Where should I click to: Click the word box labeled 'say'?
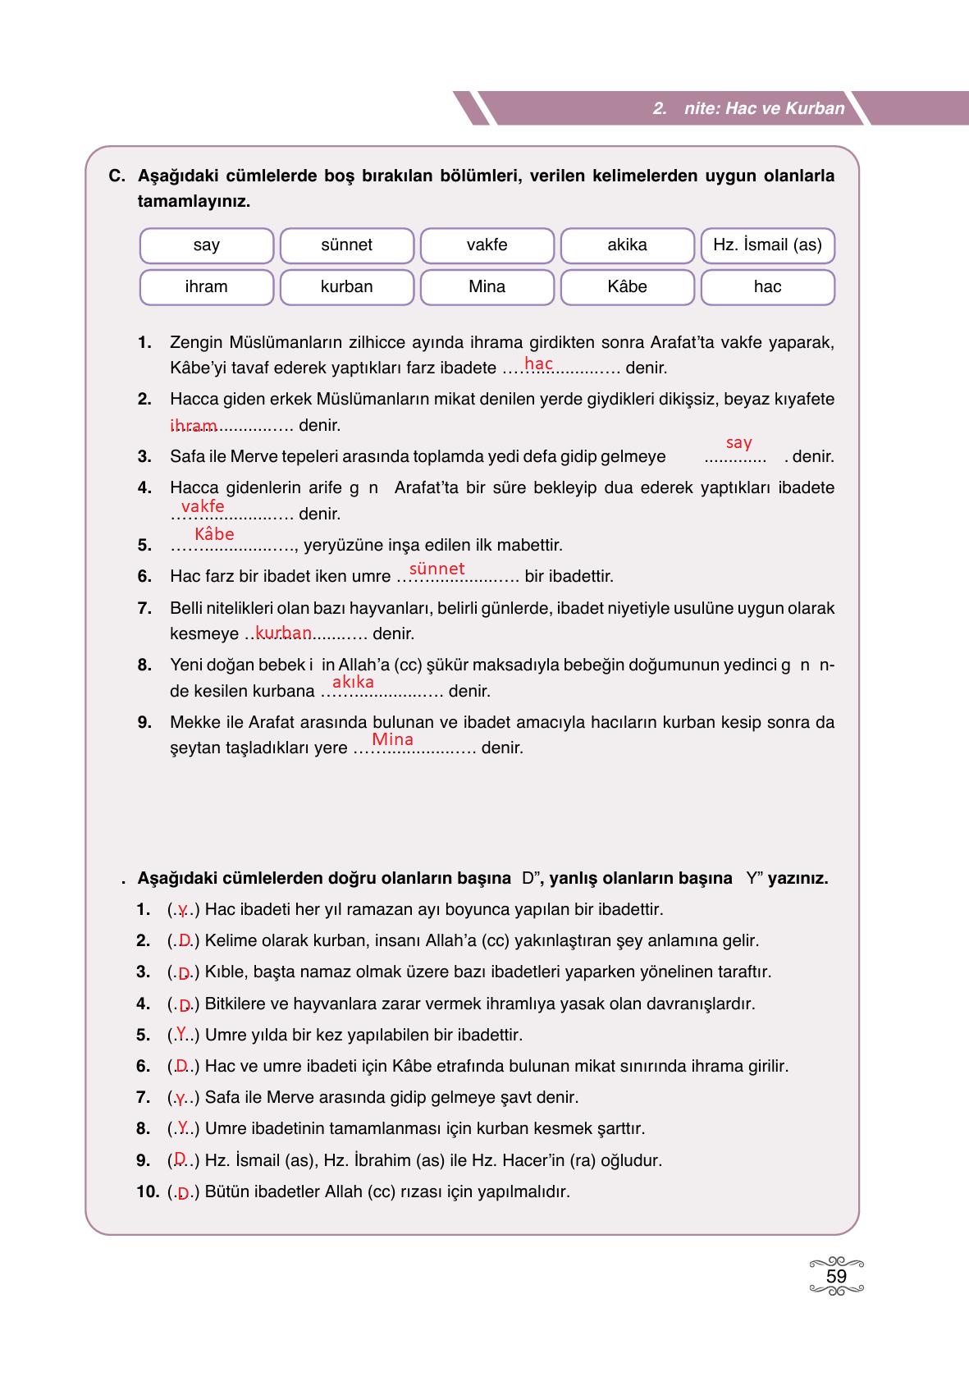207,245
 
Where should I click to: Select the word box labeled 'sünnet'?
346,245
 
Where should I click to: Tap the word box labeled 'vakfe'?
487,245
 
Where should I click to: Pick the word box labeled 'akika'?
627,245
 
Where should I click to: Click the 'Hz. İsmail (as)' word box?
767,245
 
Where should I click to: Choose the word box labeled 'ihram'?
207,287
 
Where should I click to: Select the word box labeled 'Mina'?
487,287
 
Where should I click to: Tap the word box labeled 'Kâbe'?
627,287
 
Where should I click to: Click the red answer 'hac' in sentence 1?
538,364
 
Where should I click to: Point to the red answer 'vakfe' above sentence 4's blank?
202,506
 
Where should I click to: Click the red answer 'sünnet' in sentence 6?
437,569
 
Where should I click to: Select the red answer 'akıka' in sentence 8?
353,682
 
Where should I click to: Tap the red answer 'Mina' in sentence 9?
392,739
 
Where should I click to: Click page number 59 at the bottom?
836,1277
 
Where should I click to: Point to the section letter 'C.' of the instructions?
117,176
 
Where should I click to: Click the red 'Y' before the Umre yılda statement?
181,1033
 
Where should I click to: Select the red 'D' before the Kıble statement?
184,974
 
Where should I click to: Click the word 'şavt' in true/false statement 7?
518,1097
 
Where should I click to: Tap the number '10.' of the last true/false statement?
148,1191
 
